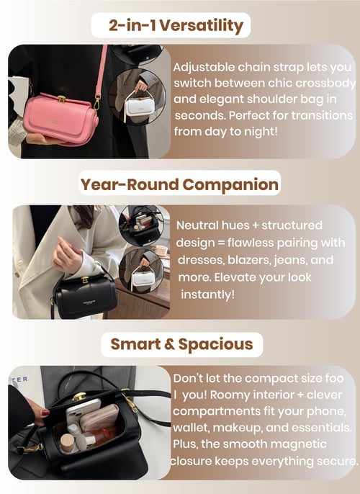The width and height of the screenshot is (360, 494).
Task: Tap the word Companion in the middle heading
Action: [x=230, y=184]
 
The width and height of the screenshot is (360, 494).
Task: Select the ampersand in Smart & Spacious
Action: [x=169, y=343]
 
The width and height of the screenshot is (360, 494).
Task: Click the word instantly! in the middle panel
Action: [x=208, y=295]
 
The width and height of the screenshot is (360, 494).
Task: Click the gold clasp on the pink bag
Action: [x=62, y=99]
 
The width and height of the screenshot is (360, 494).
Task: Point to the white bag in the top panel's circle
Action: [x=138, y=106]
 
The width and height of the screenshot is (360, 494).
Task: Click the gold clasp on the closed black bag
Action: [x=85, y=280]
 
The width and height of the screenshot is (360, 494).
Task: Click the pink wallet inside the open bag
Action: [x=99, y=418]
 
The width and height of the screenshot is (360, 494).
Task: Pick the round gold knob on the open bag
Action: [x=79, y=396]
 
